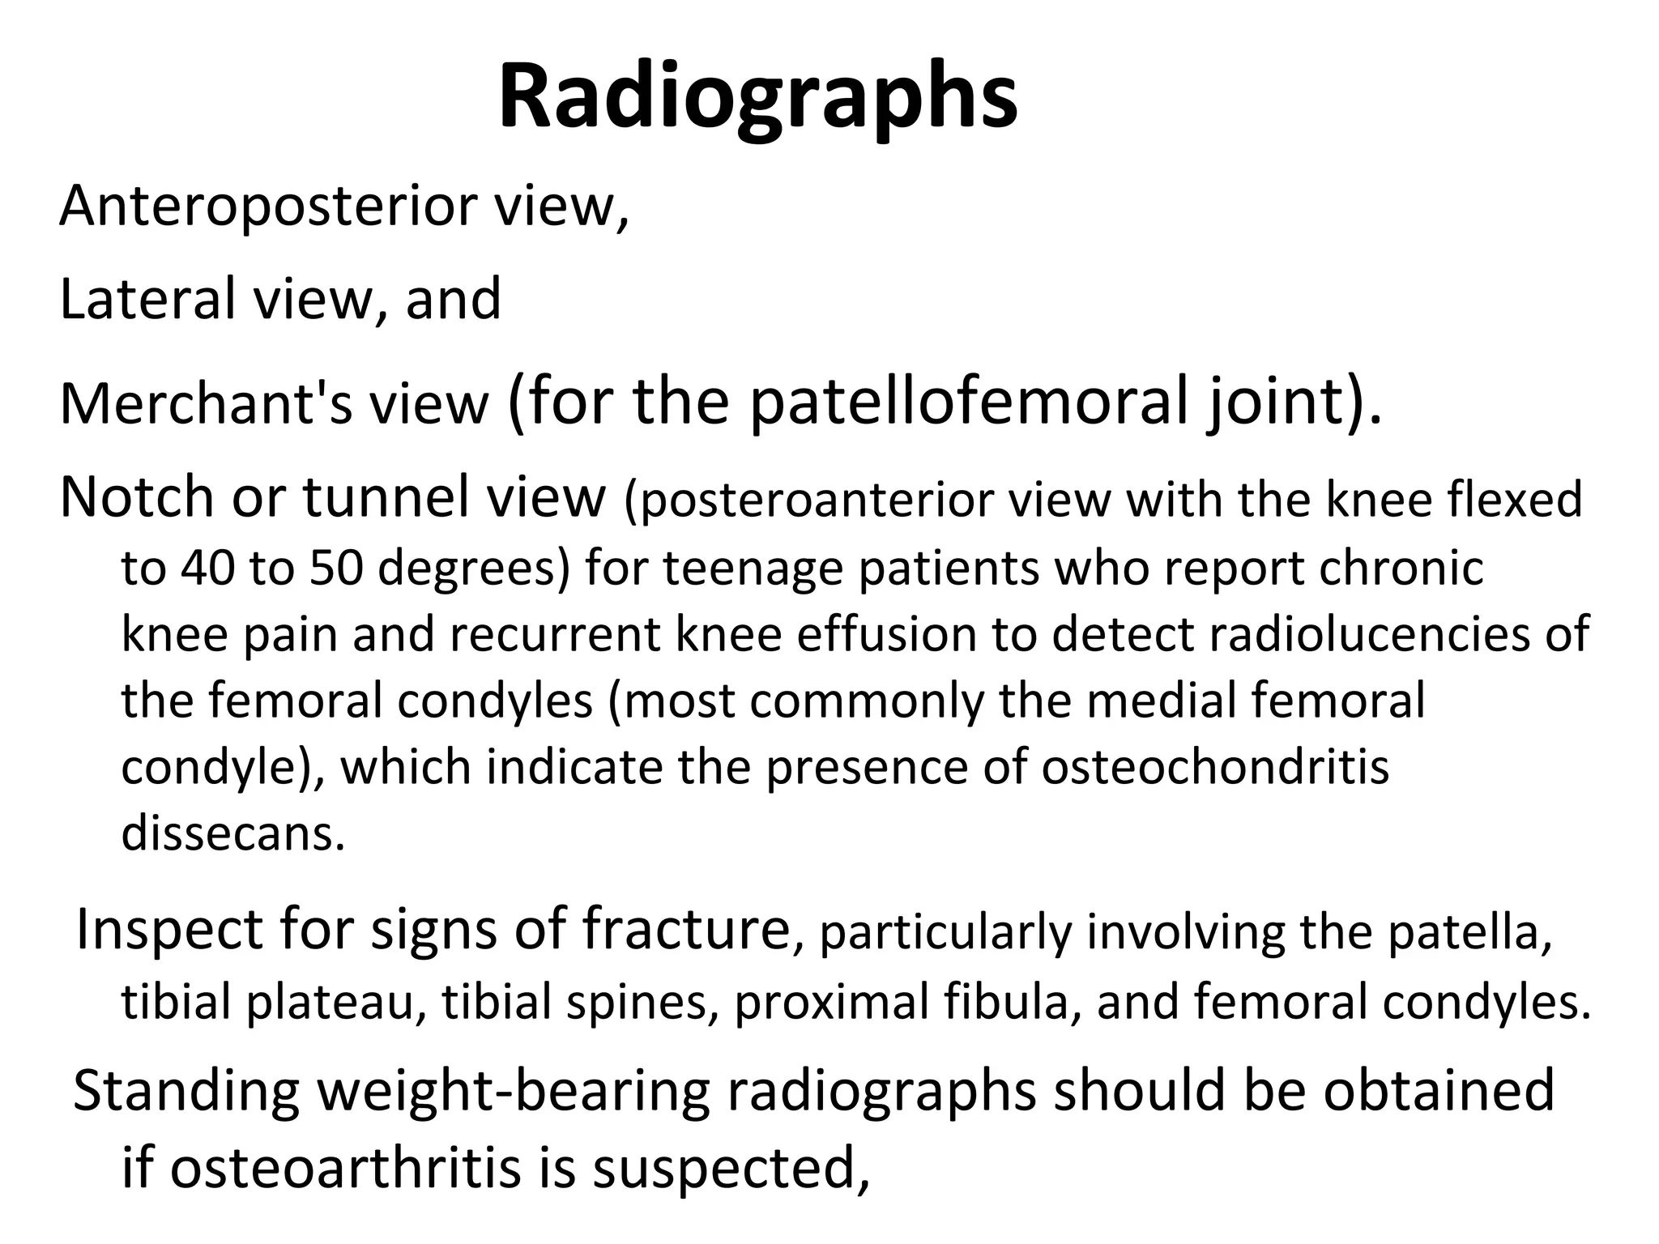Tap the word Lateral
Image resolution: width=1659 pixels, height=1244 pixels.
coord(149,299)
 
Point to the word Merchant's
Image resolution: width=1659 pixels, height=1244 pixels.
coord(206,404)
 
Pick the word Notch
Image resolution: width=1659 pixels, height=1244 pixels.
coord(137,497)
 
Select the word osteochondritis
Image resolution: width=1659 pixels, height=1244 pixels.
coord(1214,768)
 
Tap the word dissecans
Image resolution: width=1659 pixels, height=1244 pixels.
coord(233,834)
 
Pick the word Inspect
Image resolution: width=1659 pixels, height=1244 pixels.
coord(169,931)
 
